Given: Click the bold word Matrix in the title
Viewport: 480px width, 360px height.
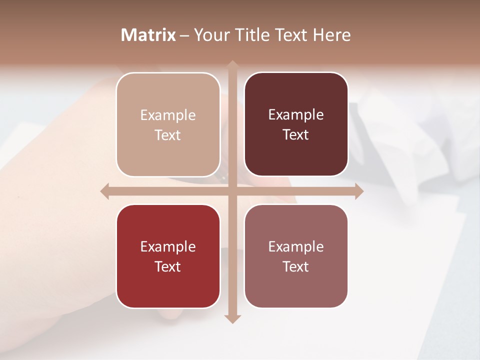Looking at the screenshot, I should [x=148, y=35].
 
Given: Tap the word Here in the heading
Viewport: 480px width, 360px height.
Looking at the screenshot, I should [x=331, y=35].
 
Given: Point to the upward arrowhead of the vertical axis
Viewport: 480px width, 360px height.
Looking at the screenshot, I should [x=232, y=64].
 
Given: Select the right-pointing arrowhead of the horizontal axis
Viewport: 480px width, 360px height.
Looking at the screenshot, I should [x=359, y=191].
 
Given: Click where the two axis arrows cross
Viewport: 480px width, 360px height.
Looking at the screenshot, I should [x=232, y=191].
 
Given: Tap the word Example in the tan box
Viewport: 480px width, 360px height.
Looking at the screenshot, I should [x=168, y=115].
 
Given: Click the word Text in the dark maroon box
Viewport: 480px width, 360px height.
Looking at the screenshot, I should [x=296, y=135].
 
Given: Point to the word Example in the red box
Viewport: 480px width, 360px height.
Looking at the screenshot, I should [x=168, y=247].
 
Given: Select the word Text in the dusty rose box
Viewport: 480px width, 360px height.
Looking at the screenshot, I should [x=296, y=267].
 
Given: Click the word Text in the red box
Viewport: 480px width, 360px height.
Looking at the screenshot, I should [x=168, y=267].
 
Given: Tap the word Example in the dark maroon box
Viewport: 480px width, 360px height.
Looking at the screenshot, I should [x=296, y=115].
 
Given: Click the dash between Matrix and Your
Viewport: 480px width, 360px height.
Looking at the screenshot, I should [x=184, y=35].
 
